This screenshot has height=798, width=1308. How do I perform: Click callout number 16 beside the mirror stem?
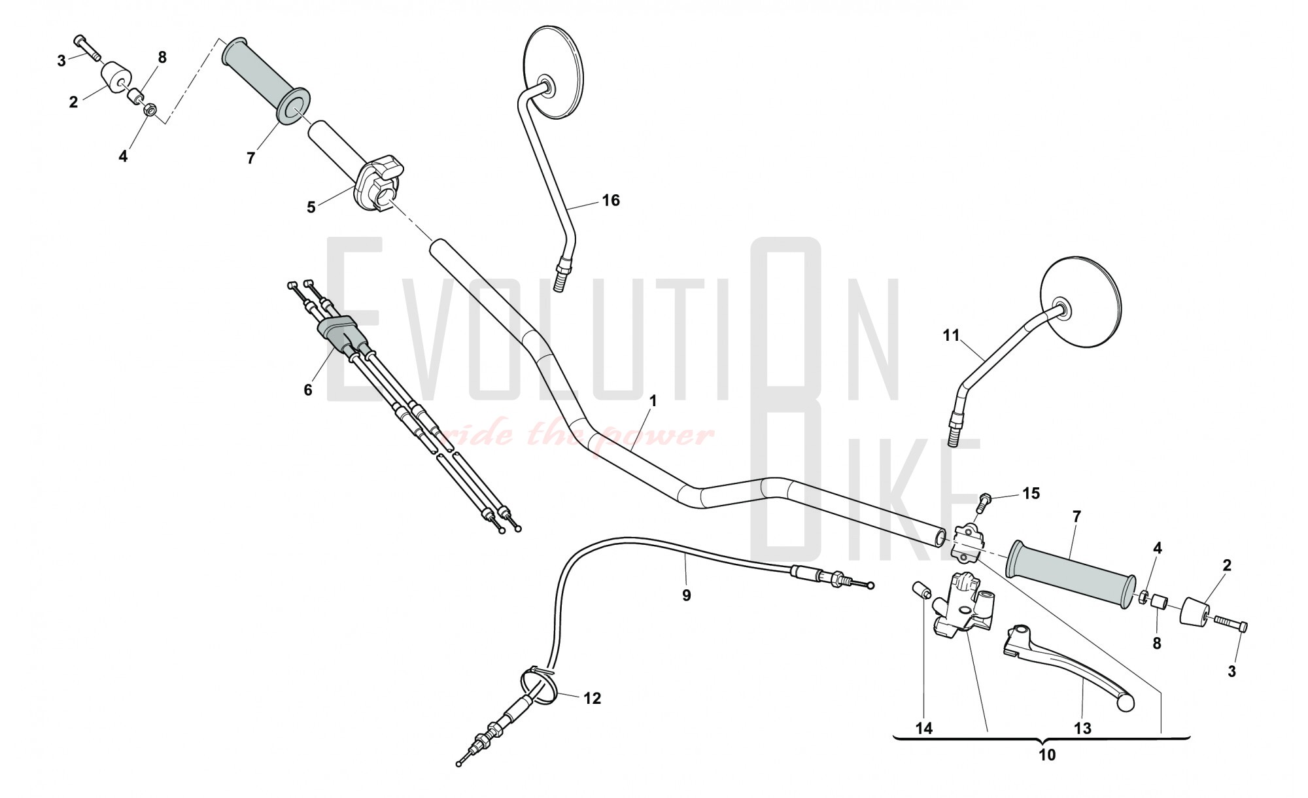[x=610, y=200]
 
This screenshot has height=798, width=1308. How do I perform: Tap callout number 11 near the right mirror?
[x=951, y=336]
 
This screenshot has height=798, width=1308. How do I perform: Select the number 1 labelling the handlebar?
[x=652, y=400]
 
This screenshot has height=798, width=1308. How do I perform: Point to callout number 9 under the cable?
[x=686, y=595]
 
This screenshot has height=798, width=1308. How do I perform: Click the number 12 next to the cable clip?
[x=592, y=699]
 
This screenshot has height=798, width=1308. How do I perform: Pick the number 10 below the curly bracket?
[x=1047, y=755]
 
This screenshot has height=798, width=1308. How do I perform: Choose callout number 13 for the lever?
[x=1082, y=728]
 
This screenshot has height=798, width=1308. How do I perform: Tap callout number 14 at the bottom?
[x=924, y=728]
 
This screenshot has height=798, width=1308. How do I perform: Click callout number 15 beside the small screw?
[x=1031, y=493]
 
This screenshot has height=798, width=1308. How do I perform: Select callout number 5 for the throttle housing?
[x=311, y=207]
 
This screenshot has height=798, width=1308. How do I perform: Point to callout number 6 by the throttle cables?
[x=308, y=390]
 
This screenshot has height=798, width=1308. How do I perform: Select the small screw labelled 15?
[x=983, y=502]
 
